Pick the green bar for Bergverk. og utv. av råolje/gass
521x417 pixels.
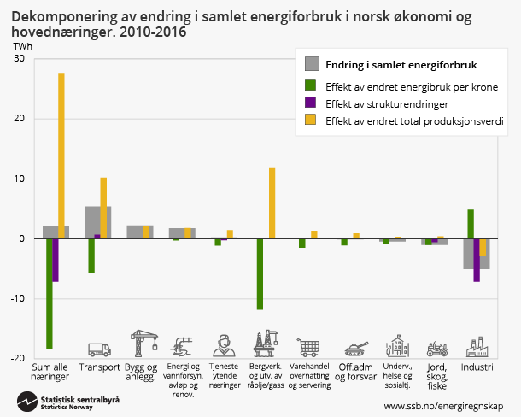260,273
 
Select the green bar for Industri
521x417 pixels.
471,224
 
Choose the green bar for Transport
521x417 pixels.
91,255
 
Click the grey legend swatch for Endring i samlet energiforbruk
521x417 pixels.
313,64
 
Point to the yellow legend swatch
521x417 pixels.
313,121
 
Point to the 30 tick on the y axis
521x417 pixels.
19,58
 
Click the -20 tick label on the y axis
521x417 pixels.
16,358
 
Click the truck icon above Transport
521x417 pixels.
99,349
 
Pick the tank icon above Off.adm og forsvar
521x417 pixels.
354,349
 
